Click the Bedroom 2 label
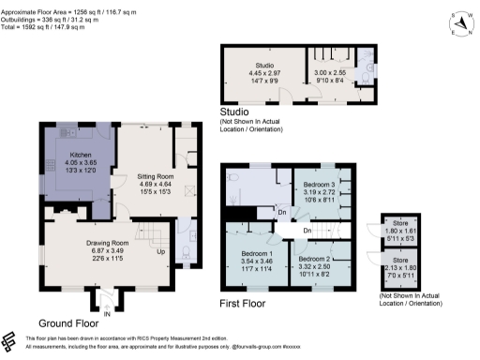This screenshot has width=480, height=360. (314, 257)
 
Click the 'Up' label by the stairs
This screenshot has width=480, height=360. (160, 251)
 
